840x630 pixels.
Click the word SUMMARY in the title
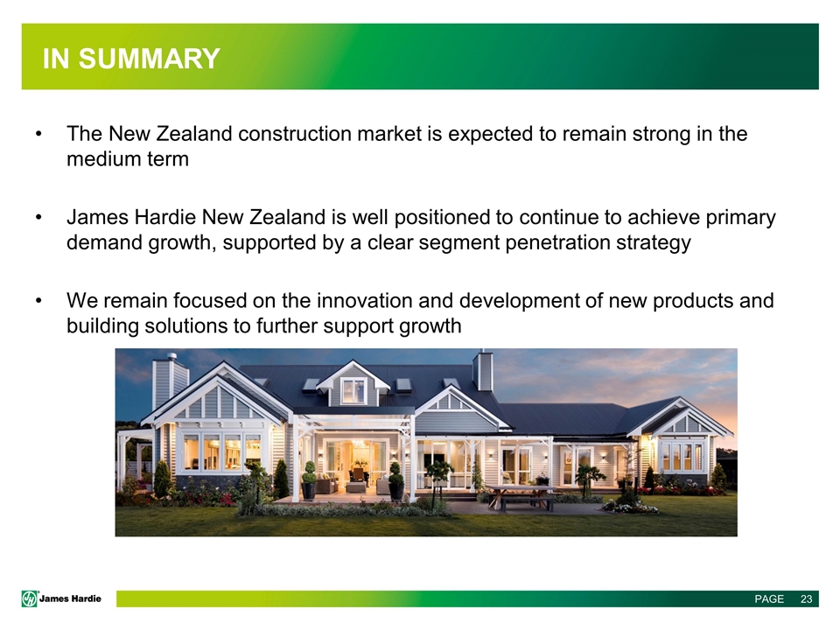[150, 59]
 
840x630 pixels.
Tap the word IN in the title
[56, 59]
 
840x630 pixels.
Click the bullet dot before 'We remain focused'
[38, 301]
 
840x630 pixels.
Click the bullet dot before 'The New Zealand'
[38, 134]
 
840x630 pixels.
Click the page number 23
[806, 598]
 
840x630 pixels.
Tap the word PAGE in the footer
[769, 598]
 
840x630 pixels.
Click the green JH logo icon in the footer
[30, 598]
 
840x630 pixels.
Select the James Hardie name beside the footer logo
[70, 598]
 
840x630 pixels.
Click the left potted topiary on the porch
[309, 480]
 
